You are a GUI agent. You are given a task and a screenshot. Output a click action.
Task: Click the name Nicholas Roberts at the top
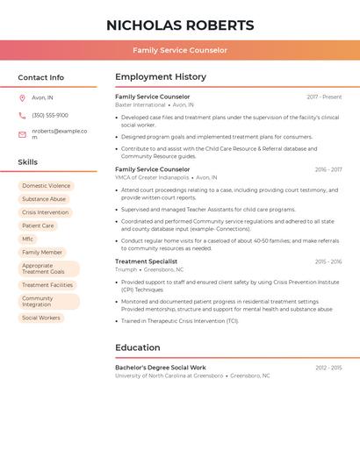180,25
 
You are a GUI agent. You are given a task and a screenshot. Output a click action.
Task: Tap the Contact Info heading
41,77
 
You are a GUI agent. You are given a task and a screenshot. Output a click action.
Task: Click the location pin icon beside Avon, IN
22,97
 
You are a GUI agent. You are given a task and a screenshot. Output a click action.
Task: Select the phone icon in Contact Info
22,116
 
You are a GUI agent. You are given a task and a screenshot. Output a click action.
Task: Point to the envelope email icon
22,134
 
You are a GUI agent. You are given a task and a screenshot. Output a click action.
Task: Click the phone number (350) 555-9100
50,116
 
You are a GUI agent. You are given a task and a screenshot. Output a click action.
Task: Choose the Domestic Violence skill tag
46,186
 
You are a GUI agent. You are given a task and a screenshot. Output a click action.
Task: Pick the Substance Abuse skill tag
44,199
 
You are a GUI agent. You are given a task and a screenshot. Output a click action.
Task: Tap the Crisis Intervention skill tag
45,212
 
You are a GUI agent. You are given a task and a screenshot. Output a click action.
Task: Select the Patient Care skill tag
38,225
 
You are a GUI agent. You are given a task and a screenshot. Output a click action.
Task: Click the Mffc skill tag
28,239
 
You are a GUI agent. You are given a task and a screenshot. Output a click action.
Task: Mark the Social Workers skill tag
41,318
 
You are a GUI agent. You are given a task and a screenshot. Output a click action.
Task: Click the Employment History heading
161,77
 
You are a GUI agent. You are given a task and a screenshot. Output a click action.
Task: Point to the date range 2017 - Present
324,97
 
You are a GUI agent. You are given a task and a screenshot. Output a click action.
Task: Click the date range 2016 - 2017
328,169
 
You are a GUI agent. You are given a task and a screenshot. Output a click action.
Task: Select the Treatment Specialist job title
146,261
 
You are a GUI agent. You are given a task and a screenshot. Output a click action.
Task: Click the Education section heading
137,347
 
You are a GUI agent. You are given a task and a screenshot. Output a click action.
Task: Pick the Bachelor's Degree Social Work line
161,368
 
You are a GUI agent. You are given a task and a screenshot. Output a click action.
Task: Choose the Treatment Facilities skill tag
47,285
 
